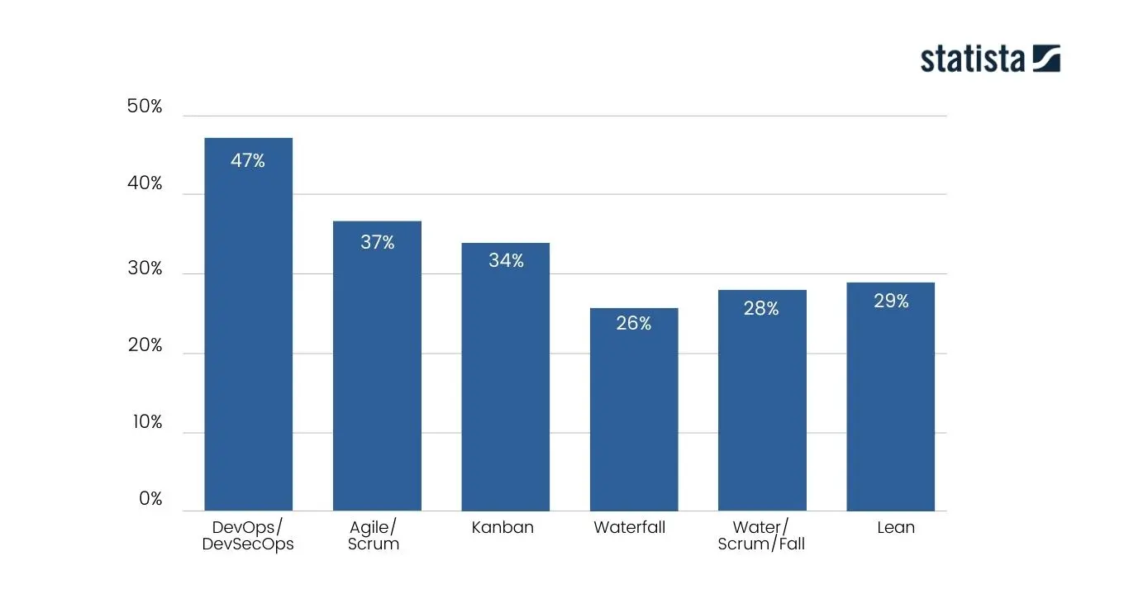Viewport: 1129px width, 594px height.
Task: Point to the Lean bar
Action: point(890,397)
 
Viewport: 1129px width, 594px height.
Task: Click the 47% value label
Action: point(248,161)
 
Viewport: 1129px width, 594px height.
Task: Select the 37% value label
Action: point(377,243)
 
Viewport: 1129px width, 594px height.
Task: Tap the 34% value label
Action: point(506,261)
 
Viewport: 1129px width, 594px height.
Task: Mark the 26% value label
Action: point(634,324)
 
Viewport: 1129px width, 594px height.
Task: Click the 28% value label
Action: point(761,308)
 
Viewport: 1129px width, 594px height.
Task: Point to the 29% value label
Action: point(891,302)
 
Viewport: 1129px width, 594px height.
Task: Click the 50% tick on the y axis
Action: point(145,107)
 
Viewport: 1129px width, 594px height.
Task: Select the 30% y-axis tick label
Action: point(145,269)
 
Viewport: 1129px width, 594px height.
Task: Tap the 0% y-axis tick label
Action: point(150,499)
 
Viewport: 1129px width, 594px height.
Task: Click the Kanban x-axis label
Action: point(503,527)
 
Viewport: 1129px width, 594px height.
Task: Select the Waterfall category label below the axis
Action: point(629,527)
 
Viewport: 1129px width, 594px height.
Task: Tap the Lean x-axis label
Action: point(896,527)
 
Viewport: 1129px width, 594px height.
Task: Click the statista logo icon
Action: point(1046,59)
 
